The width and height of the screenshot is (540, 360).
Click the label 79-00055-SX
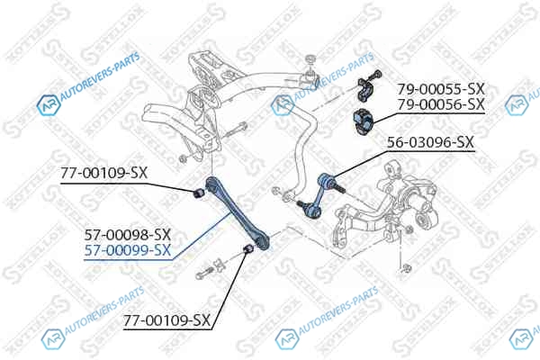441,90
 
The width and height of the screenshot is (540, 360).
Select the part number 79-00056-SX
441,104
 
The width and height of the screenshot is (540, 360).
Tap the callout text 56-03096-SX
430,142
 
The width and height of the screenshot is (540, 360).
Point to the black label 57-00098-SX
128,235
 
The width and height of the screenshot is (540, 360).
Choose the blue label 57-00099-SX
128,250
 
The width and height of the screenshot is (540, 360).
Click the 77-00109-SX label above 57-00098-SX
104,173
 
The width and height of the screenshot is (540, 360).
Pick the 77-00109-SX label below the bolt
166,320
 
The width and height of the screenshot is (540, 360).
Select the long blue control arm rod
238,212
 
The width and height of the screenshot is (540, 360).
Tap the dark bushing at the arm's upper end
198,193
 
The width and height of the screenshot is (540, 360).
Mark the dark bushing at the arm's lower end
248,248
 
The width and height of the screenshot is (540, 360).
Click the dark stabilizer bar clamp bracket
365,90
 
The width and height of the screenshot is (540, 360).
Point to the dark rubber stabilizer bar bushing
363,122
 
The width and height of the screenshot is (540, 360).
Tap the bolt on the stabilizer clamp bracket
374,75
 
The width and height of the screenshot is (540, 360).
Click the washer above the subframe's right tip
310,58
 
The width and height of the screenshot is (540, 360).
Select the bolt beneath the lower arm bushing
203,273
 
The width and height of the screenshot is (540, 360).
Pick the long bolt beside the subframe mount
233,131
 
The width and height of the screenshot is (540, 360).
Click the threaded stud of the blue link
339,188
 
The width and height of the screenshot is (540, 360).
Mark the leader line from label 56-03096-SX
362,163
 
